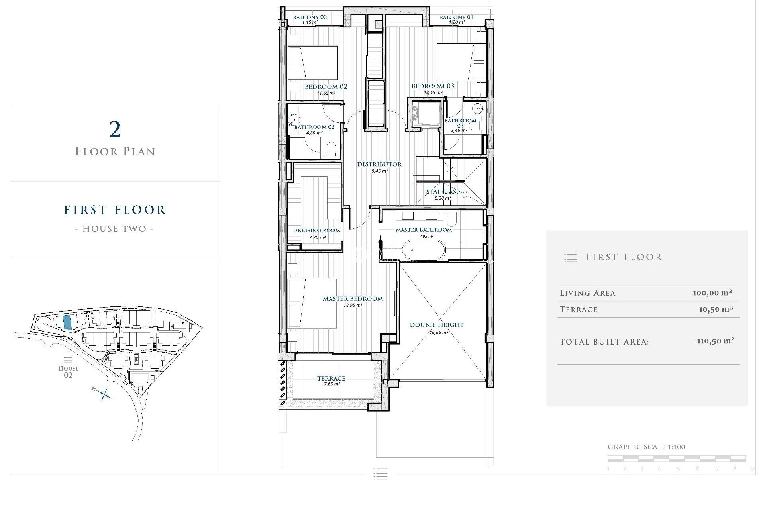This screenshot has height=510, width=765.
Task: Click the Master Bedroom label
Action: [x=353, y=299]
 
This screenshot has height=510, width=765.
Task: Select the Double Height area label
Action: [x=437, y=325]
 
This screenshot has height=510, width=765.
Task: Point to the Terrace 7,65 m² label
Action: [x=331, y=381]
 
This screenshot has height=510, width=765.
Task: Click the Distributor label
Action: [x=379, y=164]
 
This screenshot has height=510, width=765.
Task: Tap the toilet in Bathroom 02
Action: [x=331, y=150]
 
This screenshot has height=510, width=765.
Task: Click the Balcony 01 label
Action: [x=456, y=17]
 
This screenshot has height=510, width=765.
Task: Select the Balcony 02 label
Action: [x=310, y=17]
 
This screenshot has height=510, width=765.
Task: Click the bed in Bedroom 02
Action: [x=313, y=63]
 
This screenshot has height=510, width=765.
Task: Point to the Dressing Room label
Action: [x=317, y=230]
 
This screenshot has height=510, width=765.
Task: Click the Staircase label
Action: [x=443, y=192]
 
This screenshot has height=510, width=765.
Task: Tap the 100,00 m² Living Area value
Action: [x=712, y=293]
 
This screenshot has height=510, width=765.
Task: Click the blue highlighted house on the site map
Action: [x=67, y=322]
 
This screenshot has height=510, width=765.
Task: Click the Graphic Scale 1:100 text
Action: [x=646, y=447]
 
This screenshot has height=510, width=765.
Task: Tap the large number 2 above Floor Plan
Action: [x=115, y=129]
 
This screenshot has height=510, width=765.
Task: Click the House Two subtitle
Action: [x=114, y=229]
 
